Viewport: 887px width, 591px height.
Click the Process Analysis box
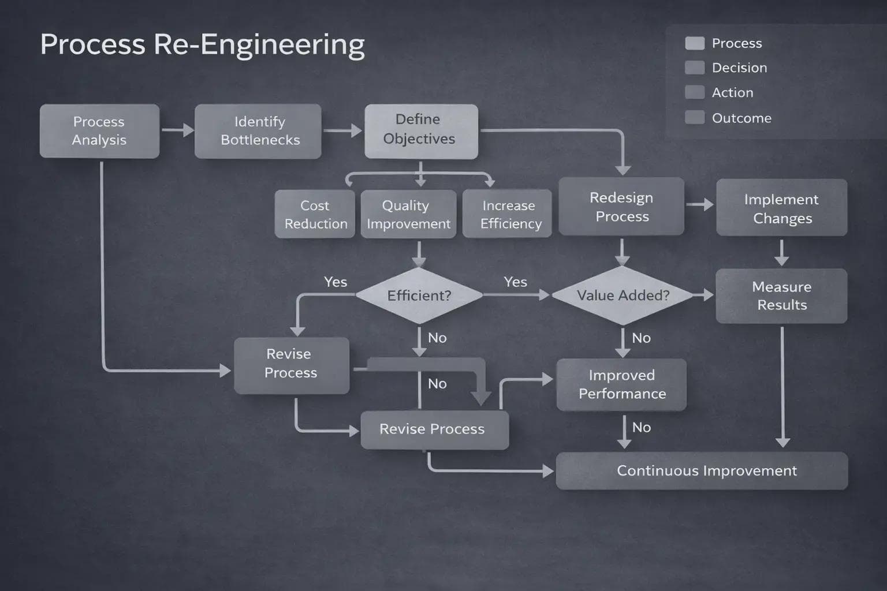99,131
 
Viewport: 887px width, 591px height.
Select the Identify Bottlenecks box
258,131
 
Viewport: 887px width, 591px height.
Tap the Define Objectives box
421,131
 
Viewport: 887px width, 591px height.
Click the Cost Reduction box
315,214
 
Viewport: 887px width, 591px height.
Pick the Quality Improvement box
408,214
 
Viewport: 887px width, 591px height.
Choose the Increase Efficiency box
508,214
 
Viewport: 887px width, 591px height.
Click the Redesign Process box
621,207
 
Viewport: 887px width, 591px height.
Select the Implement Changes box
781,208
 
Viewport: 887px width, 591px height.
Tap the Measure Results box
781,295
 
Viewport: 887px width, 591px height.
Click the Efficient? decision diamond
419,295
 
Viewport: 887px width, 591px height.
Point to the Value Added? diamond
623,295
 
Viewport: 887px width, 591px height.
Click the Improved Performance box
621,384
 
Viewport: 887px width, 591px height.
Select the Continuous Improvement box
702,471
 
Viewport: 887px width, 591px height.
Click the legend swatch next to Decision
694,68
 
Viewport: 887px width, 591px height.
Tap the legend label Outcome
741,118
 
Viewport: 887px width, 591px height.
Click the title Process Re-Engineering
202,44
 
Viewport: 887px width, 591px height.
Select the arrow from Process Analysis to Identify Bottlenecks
177,130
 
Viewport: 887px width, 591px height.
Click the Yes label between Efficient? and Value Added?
515,282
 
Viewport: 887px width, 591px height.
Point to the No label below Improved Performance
641,428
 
